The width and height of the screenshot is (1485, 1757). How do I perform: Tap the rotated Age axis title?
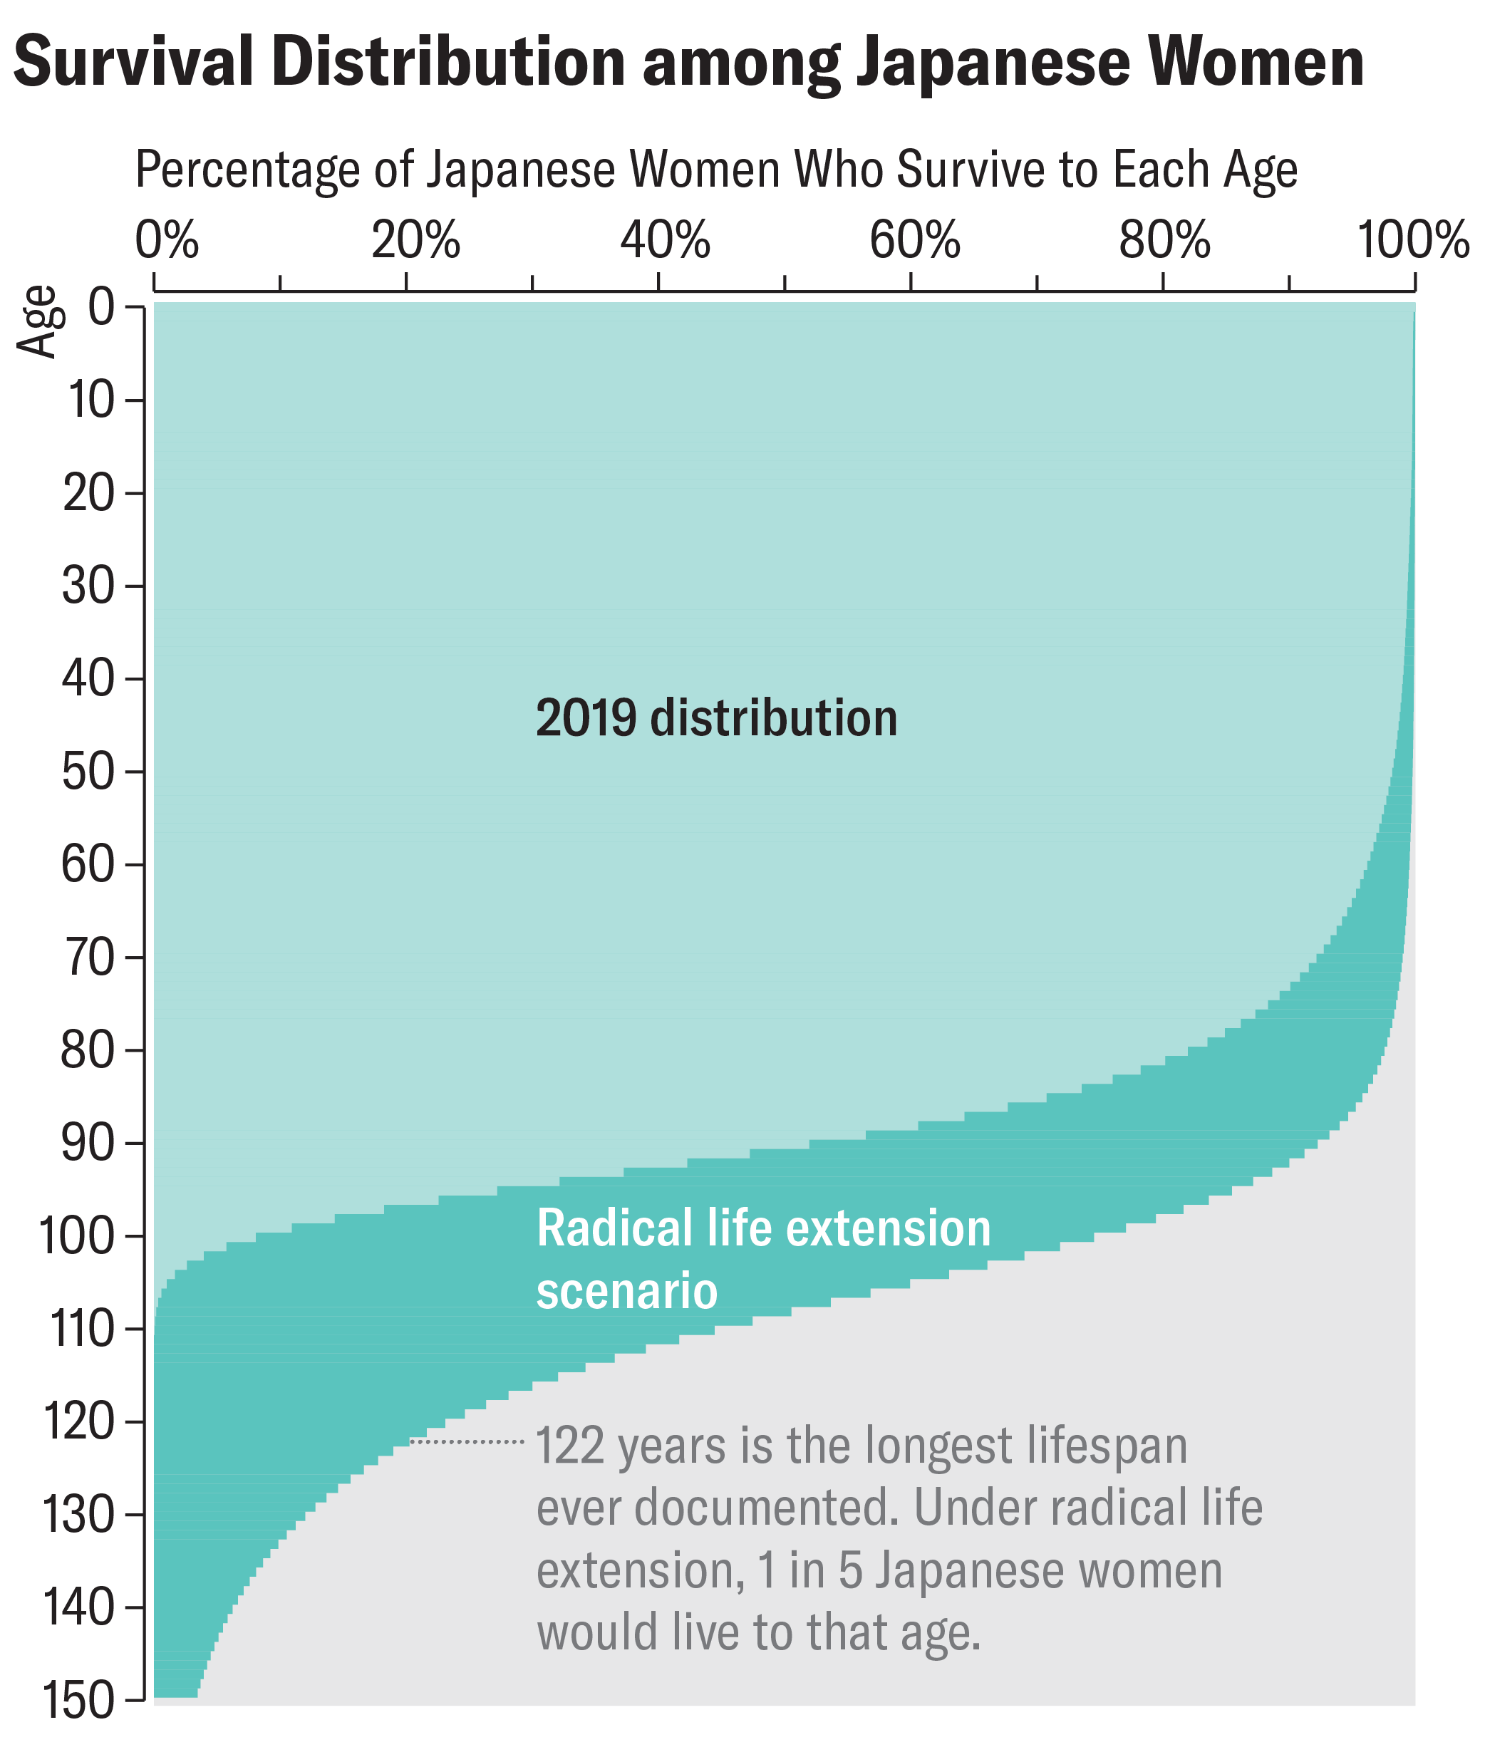[x=38, y=323]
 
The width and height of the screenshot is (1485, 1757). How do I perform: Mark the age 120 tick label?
[x=78, y=1422]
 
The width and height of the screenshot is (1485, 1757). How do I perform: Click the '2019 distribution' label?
[x=716, y=718]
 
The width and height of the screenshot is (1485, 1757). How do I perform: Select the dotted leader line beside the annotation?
[x=467, y=1442]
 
